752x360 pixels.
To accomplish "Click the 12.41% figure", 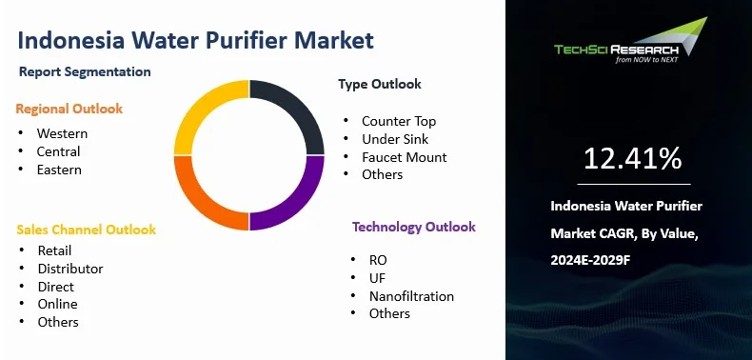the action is (x=633, y=158).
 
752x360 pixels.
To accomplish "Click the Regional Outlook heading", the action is (x=69, y=109).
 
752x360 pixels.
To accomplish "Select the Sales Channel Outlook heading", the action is (x=87, y=230).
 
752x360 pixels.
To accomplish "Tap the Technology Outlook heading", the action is (x=414, y=227).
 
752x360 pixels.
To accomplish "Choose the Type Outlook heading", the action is (x=380, y=84).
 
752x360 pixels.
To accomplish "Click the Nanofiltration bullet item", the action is (x=411, y=296).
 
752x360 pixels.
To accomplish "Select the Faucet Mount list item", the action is (x=405, y=157).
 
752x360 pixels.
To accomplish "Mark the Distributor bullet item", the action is (x=70, y=269).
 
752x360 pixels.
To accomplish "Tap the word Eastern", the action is (x=59, y=170).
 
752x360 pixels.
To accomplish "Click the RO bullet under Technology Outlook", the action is (x=378, y=260).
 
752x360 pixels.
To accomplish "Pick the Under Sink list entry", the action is (x=395, y=139).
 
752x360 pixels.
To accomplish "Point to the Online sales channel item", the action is (x=57, y=305).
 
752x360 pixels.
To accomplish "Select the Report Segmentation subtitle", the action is (x=85, y=71).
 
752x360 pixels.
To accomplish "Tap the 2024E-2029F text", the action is (x=590, y=260).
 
